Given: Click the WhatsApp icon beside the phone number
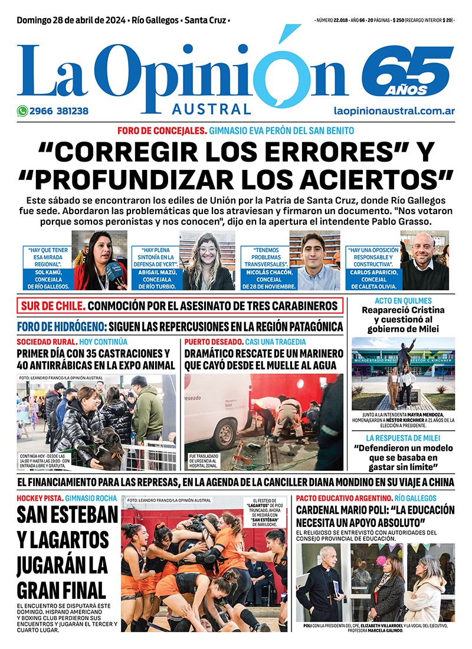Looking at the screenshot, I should pyautogui.click(x=22, y=110).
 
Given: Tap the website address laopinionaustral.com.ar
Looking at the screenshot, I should pyautogui.click(x=394, y=110).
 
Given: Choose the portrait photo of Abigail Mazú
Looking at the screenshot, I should pyautogui.click(x=207, y=261).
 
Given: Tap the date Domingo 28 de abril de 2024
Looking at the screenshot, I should pyautogui.click(x=70, y=21).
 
